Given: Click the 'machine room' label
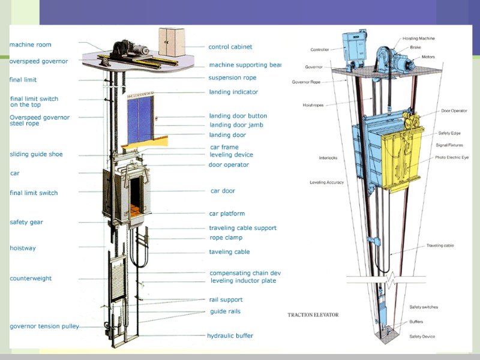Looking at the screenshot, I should [x=31, y=44].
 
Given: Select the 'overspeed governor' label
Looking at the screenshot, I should [x=38, y=61].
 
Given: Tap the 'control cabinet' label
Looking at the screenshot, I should [x=230, y=47].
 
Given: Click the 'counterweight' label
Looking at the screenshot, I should [x=31, y=278].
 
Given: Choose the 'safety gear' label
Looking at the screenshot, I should [x=26, y=222].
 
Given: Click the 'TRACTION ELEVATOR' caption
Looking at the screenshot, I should [x=313, y=314].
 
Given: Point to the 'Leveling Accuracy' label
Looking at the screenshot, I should [x=326, y=182].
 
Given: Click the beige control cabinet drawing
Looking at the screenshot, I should [x=172, y=42].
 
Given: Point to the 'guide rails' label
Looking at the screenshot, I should [x=225, y=311].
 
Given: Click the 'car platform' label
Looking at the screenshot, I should [x=227, y=214].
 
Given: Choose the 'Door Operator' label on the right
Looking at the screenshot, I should [x=454, y=110].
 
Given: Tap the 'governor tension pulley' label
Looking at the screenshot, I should [x=44, y=326].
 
